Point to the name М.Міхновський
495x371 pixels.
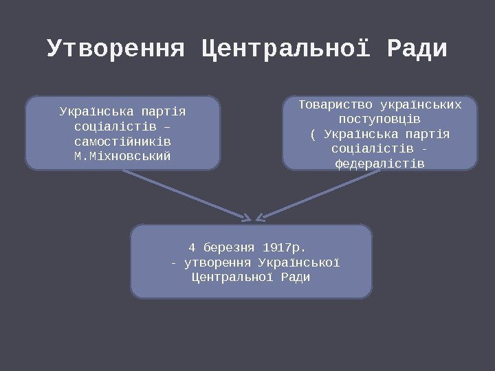tap(123, 156)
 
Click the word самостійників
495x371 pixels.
tap(123, 141)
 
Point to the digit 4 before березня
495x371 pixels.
tap(192, 247)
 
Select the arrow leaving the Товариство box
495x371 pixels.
tap(320, 195)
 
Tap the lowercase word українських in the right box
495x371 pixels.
tap(420, 104)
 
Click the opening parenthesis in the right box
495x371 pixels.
tap(313, 133)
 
